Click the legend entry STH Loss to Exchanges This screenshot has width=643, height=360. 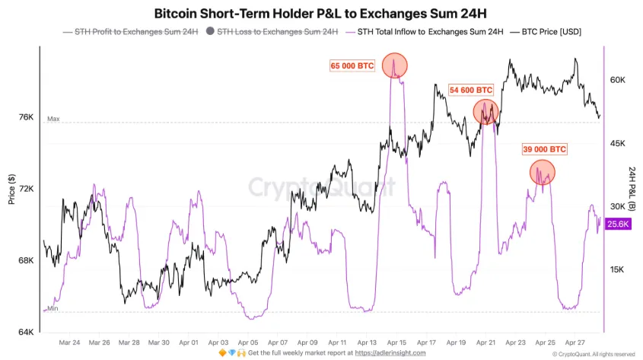tap(271, 32)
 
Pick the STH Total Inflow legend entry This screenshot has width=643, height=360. tap(424, 32)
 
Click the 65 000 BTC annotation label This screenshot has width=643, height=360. tap(352, 66)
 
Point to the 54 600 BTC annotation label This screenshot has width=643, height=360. tap(472, 90)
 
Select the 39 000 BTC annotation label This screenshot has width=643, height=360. tap(543, 149)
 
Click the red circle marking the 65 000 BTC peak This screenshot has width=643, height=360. tap(394, 65)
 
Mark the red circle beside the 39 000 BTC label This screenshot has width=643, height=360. tap(542, 174)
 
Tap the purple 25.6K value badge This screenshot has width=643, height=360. tap(619, 224)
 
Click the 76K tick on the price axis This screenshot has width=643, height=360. tap(27, 117)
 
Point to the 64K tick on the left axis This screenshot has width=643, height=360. tap(27, 333)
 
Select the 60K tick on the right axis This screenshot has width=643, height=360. tap(618, 80)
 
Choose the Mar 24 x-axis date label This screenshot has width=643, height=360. tap(69, 343)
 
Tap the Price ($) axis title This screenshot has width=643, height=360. tap(11, 189)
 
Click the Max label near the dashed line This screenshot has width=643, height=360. tap(53, 119)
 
